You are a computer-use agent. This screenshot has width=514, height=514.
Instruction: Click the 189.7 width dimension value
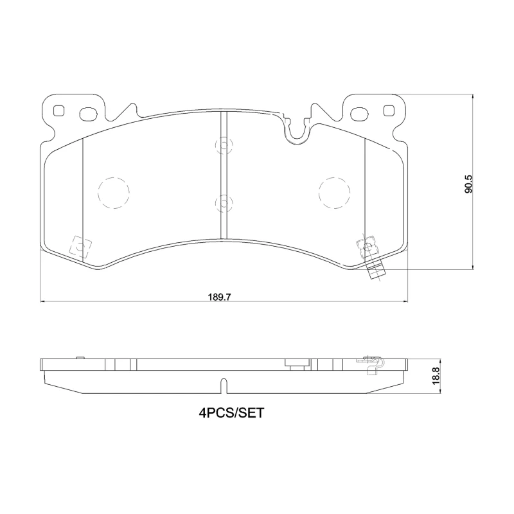coord(218,297)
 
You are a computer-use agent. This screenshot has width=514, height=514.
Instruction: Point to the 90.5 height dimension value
coord(468,182)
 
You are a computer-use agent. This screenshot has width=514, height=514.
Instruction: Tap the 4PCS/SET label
coord(231,414)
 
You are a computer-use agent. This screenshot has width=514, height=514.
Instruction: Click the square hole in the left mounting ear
coord(59,111)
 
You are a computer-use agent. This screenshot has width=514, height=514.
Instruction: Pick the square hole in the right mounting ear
coord(388,111)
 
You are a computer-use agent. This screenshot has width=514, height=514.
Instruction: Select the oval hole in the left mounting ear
coord(87,114)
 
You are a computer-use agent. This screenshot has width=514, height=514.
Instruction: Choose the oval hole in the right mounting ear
coord(360,114)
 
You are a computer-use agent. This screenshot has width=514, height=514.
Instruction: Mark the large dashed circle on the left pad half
coord(114,192)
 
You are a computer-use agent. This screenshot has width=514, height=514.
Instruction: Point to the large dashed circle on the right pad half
coord(334,192)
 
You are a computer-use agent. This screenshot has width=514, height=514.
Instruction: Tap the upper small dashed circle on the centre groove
coord(222,146)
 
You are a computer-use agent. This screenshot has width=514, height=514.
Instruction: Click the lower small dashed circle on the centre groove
coord(222,203)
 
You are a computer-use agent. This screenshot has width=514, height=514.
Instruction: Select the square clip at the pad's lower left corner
coord(80,246)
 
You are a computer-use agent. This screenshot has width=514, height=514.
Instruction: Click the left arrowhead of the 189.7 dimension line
coord(42,300)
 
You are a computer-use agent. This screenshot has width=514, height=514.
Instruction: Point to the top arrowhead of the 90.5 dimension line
coord(473,96)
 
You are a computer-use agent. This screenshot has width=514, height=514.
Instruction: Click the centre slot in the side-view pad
coord(223,385)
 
